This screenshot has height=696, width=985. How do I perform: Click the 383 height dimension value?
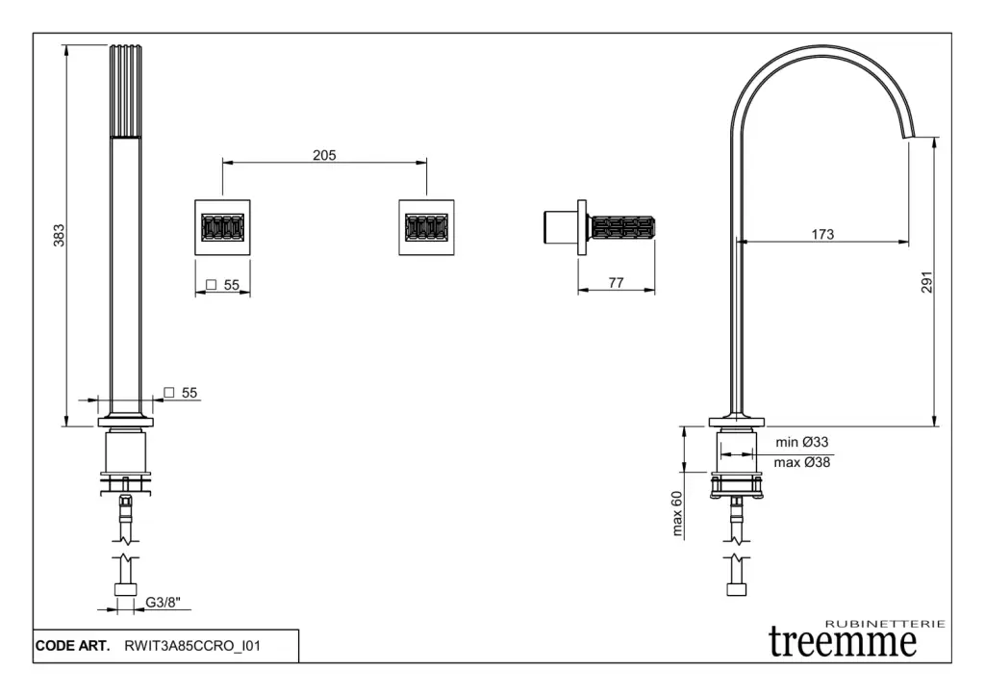pos(59,235)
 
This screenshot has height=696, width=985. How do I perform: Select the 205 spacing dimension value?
pos(324,155)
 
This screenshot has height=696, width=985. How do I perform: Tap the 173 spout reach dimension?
pos(822,234)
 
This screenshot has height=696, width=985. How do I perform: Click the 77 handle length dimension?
pos(617,282)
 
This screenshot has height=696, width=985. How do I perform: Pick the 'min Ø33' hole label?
pos(802,442)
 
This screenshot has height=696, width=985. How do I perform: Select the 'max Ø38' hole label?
pos(802,462)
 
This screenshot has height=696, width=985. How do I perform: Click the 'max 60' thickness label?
pos(677,512)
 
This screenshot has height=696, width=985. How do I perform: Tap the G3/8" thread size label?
pos(163,604)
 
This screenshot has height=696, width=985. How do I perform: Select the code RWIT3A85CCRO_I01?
pos(192,647)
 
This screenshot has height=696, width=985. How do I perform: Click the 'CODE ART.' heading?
pos(72,647)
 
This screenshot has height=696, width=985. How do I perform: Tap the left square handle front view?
pos(223,228)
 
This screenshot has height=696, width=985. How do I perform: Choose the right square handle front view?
pos(426,228)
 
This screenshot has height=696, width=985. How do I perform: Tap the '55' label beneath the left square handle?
pos(230,285)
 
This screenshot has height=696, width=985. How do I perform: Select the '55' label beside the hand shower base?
pos(189,393)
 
